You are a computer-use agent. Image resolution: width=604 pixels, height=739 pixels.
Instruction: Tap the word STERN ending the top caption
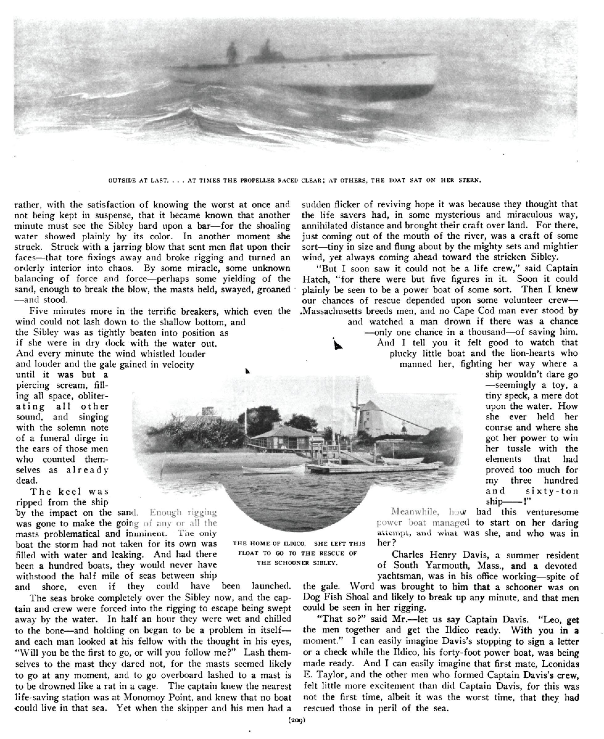(470, 180)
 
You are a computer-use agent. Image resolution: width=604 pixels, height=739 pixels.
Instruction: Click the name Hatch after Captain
(314, 279)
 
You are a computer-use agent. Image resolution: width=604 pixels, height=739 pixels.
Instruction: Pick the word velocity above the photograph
(177, 364)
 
